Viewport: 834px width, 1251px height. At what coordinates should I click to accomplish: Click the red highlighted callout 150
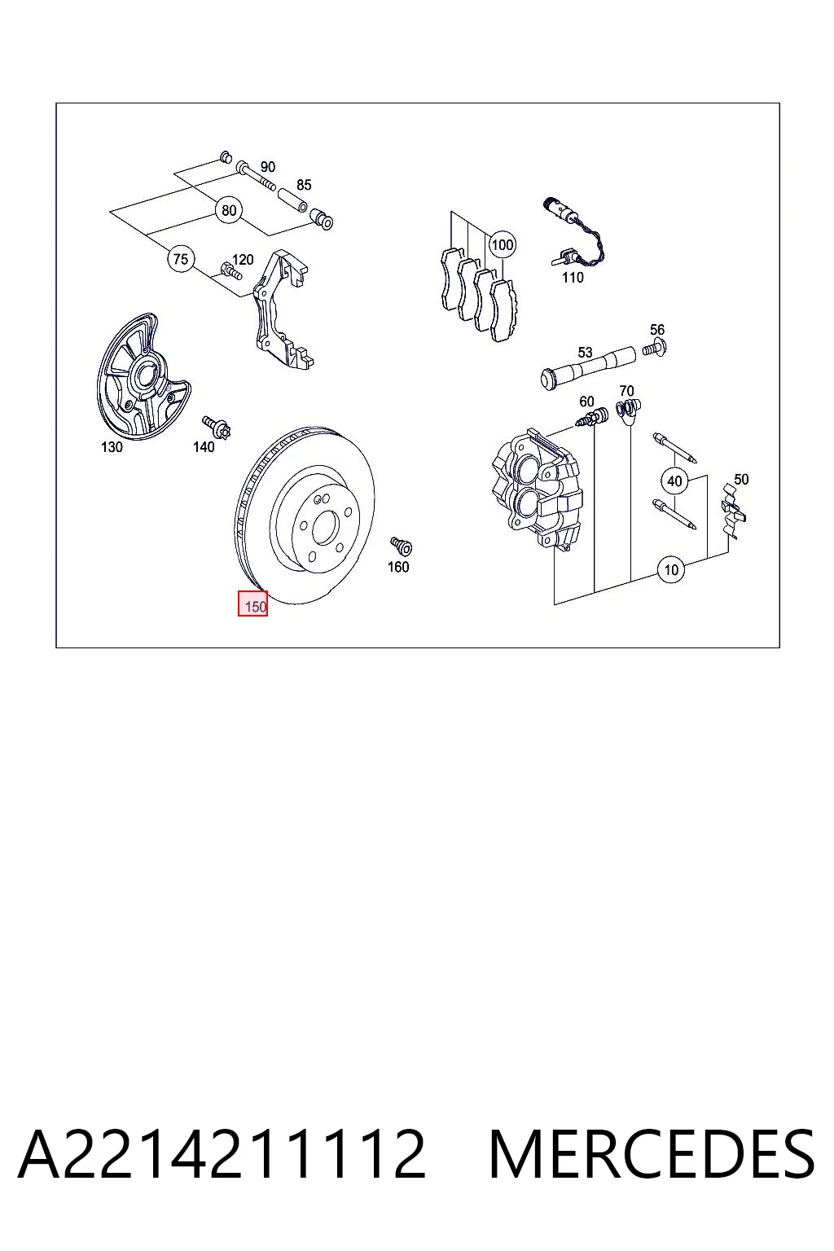253,604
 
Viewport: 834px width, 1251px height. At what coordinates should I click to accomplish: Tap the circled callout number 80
229,211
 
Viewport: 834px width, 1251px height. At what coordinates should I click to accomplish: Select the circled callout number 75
181,259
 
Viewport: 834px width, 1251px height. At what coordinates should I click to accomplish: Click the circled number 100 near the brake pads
503,244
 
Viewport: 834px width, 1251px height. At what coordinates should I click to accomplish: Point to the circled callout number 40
674,481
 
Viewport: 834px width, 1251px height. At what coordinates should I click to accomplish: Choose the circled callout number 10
671,569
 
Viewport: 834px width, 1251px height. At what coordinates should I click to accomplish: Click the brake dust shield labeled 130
143,378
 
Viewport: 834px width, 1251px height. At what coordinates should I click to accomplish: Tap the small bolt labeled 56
656,348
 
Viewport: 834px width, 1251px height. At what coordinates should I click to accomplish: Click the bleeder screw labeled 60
592,417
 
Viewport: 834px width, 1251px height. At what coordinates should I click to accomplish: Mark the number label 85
304,184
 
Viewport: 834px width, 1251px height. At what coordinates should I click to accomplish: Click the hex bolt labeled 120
231,271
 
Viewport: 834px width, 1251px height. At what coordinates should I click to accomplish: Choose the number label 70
626,390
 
